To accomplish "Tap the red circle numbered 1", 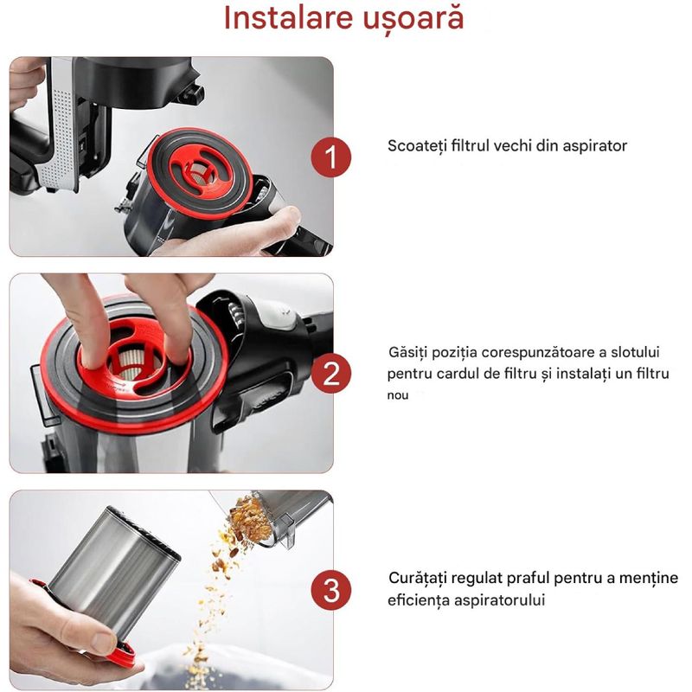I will coord(330,158).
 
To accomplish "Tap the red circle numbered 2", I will coord(330,375).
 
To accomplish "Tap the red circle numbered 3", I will coord(330,591).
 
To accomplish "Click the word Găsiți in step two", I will coord(408,355).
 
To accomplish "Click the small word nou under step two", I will coord(398,395).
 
